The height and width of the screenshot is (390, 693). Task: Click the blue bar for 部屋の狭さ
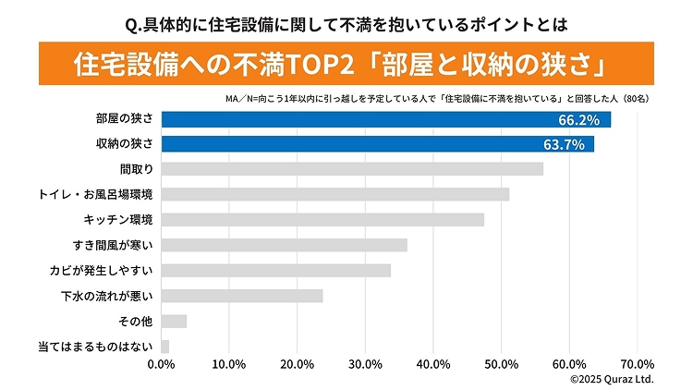[x=385, y=119]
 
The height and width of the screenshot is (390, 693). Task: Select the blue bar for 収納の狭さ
[x=377, y=144]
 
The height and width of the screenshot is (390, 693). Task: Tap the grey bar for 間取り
[x=352, y=169]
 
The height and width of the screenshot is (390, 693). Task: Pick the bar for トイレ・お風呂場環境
[x=334, y=194]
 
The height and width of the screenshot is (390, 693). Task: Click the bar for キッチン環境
[x=322, y=220]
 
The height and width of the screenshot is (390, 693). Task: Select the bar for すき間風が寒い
[x=284, y=245]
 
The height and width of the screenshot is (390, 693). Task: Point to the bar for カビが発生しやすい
[x=275, y=270]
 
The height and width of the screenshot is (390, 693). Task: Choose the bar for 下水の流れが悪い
[x=242, y=296]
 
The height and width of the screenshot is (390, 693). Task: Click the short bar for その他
[x=174, y=321]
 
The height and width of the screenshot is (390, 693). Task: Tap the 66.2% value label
[x=579, y=119]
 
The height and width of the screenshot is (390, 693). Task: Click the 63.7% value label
[x=564, y=144]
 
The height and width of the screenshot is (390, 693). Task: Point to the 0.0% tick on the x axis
[x=162, y=363]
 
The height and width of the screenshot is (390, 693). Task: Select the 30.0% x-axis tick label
[x=366, y=363]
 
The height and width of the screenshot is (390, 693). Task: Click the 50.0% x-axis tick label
[x=502, y=363]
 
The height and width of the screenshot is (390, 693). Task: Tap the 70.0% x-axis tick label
[x=638, y=363]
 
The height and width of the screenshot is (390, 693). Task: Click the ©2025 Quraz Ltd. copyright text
[x=612, y=379]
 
